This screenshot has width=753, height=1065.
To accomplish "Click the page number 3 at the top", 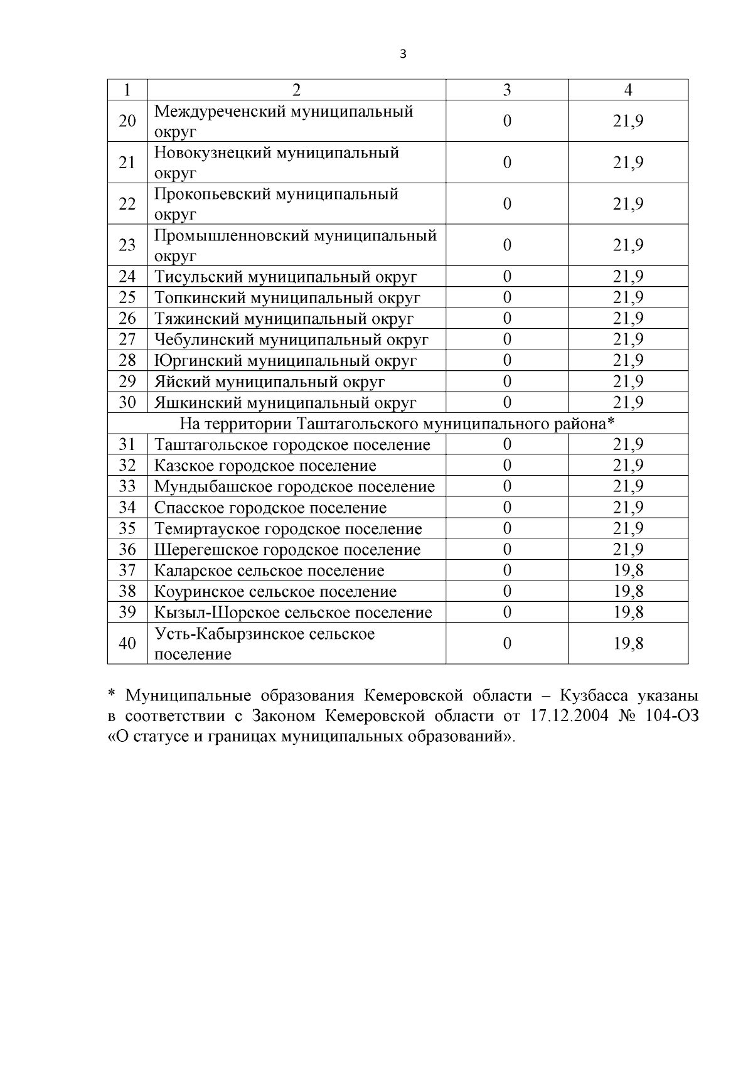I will click(403, 54).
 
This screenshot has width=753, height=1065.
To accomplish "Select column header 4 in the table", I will click(628, 90).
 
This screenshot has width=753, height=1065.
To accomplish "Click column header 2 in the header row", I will click(296, 90).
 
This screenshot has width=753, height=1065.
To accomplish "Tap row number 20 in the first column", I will click(127, 120).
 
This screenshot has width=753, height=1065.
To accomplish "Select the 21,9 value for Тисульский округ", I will click(628, 277).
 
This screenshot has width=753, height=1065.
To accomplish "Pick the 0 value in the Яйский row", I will click(507, 382).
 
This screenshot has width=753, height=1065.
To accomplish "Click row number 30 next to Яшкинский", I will click(127, 402).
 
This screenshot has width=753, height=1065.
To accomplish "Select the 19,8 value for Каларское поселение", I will click(628, 570).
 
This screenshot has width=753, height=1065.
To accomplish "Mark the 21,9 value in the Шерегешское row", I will click(628, 550).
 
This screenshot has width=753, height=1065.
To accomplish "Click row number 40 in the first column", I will click(127, 643).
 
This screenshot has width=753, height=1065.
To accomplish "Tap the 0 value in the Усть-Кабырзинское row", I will click(507, 643).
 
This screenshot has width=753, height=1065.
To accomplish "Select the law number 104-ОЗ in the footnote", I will click(671, 715).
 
